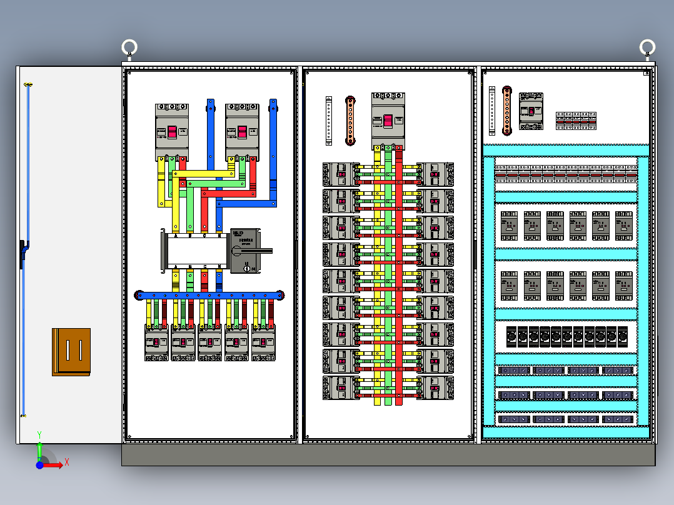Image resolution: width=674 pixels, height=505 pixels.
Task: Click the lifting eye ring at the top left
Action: (129, 47)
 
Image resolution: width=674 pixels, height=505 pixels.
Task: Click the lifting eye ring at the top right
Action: (647, 47)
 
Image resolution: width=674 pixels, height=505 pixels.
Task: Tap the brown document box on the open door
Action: (71, 352)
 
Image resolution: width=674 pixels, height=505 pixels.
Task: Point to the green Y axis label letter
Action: (39, 434)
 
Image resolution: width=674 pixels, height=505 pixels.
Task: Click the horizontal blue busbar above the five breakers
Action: (210, 294)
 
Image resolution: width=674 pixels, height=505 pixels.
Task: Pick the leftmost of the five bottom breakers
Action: (156, 342)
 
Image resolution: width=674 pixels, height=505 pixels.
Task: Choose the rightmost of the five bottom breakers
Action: (264, 342)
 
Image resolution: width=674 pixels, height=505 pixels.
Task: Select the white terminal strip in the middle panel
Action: (329, 121)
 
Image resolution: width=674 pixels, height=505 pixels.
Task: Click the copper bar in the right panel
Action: (506, 110)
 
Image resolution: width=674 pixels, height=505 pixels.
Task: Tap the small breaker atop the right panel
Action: (531, 111)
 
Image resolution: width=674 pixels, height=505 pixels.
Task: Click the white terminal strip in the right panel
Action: (492, 110)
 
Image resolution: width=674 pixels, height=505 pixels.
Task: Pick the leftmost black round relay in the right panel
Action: (511, 336)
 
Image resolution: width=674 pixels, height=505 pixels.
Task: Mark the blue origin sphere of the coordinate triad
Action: (40, 465)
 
